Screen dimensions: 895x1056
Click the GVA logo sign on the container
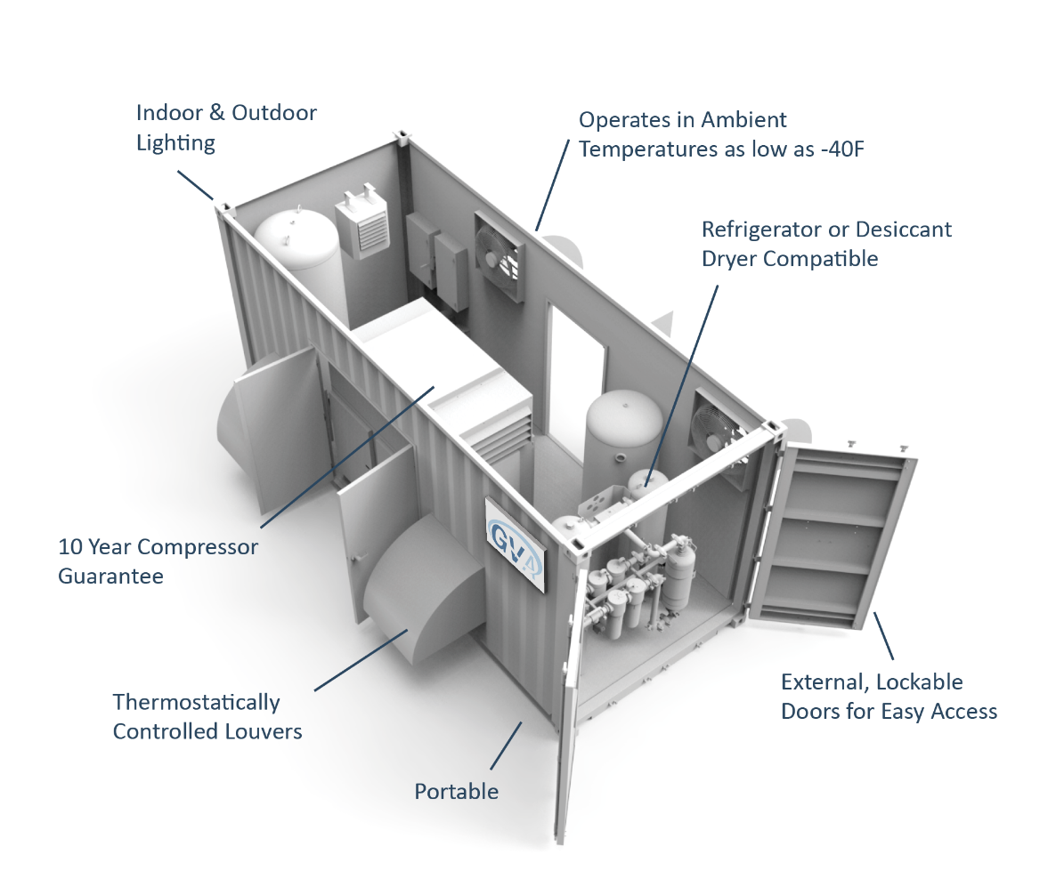tap(514, 544)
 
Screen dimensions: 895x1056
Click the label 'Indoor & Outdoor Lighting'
tap(226, 127)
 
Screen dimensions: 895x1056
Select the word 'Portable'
tap(457, 791)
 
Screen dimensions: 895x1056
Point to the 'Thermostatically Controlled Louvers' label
tap(207, 716)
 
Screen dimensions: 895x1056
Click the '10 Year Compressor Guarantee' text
tap(158, 561)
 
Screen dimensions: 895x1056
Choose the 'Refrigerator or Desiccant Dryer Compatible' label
tap(826, 244)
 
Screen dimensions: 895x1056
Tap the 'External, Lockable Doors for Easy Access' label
tap(889, 697)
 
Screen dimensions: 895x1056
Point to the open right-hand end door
tap(833, 534)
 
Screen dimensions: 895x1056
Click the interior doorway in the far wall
tap(577, 365)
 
